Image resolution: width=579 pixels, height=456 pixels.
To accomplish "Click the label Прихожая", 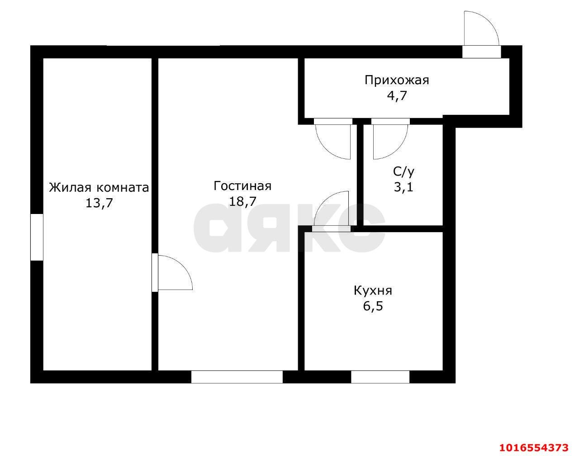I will pos(397,81).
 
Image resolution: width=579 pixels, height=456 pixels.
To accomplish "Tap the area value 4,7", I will pos(397,96).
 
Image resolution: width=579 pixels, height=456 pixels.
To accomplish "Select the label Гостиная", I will pos(242,186).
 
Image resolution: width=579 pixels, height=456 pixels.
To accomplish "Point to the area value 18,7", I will pos(242,201).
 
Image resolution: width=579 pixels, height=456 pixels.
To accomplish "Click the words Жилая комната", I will pos(99,187).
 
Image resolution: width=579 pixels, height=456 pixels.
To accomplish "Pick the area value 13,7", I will pos(99,203).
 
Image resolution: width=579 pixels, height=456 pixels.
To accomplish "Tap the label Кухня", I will pos(373,290).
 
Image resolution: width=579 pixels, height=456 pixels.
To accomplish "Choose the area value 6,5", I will pos(373,306).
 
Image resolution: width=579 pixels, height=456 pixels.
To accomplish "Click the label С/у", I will pos(403,171).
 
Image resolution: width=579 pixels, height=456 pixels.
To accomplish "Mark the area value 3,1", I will pos(403,187).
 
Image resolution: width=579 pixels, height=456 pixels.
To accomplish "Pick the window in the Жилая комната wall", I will pos(37,237).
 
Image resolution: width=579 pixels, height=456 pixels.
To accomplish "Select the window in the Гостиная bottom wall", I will pos(237,377).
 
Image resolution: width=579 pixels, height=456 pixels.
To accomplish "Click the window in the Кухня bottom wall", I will pos(380,377).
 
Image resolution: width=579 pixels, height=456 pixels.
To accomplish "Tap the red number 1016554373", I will pos(533,448).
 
